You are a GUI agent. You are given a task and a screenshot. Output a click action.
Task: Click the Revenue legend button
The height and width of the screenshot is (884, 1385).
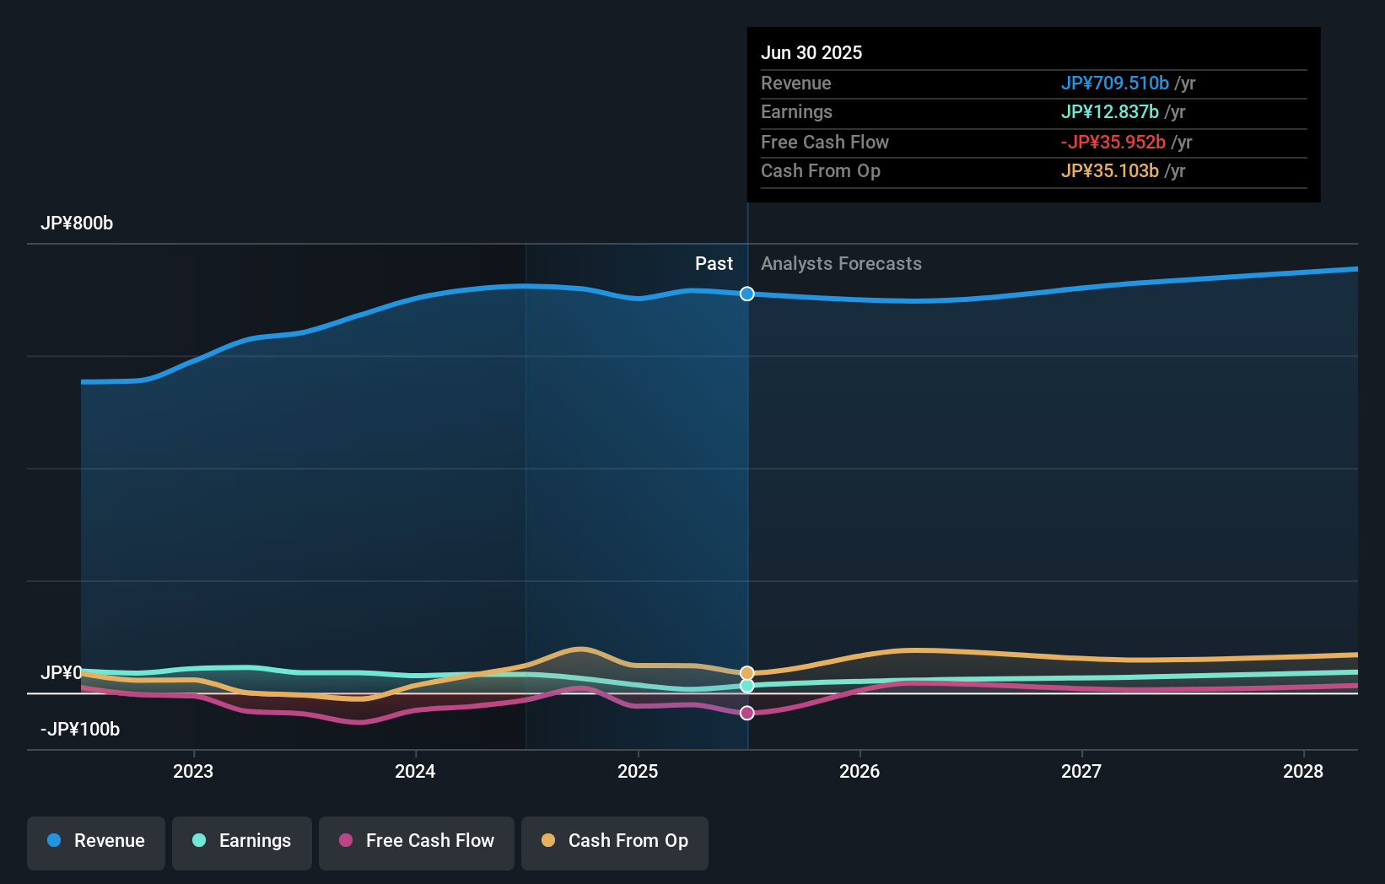click(96, 842)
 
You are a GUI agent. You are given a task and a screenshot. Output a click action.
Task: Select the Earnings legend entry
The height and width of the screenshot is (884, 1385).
click(242, 842)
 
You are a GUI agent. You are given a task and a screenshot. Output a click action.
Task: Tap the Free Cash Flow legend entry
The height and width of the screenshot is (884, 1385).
click(417, 842)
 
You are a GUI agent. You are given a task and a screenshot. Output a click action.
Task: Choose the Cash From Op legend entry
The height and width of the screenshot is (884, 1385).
click(615, 842)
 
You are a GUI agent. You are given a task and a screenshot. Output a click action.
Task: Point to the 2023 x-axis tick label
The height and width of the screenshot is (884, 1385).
click(193, 772)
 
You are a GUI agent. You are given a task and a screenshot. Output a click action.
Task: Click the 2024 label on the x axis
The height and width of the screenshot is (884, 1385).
click(415, 772)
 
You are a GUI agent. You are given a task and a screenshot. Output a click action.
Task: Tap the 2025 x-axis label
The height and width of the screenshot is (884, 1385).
click(638, 772)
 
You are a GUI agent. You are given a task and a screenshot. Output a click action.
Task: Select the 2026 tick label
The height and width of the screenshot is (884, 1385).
click(860, 772)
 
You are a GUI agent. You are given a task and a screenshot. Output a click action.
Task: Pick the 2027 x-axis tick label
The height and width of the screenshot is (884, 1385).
click(1081, 772)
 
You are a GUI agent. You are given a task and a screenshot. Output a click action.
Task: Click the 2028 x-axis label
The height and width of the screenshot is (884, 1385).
click(1303, 772)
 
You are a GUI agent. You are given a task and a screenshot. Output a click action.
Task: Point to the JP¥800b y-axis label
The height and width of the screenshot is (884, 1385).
click(77, 224)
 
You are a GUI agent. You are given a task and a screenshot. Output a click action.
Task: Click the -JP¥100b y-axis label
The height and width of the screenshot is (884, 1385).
click(80, 730)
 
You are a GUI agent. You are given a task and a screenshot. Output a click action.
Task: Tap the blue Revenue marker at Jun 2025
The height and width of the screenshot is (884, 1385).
click(747, 294)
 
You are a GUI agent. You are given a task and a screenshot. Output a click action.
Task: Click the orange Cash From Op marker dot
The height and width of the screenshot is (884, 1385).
click(747, 673)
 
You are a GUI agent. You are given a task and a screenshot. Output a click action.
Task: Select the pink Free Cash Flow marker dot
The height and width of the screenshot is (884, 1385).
click(747, 714)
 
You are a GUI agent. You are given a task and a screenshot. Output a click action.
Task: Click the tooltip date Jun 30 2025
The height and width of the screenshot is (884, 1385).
click(811, 53)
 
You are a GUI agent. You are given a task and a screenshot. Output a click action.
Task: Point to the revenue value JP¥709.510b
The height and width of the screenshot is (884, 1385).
click(1114, 84)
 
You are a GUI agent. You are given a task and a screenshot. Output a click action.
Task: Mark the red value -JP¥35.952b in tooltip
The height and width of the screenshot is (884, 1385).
click(1113, 143)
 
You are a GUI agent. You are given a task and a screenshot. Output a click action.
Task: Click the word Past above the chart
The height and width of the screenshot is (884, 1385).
click(714, 264)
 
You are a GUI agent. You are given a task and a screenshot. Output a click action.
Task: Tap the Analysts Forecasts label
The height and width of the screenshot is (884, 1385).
click(841, 264)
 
